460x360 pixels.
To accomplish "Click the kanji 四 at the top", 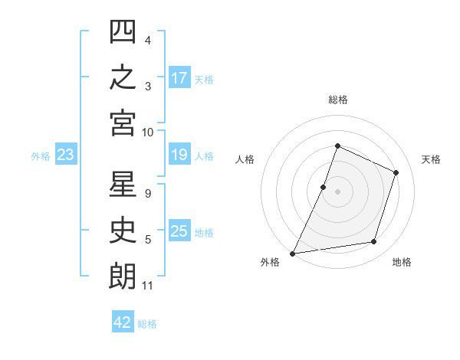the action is pos(123,31).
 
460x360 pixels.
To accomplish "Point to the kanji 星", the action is pos(123,184).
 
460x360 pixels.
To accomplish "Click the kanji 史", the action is pos(123,230).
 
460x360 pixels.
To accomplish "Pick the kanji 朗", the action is pos(123,276).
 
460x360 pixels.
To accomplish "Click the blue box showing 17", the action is pos(179,77).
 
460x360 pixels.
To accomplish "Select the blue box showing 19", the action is pos(179,154).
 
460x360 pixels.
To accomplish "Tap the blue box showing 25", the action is pos(179,230).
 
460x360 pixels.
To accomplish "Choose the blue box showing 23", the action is pos(66,154).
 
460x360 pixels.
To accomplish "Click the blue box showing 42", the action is pos(123,321).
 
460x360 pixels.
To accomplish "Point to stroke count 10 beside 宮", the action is pos(147,133).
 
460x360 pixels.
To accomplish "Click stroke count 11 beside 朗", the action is pos(147,286).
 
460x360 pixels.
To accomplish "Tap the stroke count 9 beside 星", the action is pos(148,194).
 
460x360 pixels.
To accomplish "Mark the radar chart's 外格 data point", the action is pos(292,254).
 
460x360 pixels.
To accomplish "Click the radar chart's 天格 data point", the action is pos(396,172).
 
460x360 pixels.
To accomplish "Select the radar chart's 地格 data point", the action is pos(374,241).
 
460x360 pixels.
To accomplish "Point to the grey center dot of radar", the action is pos(337,191).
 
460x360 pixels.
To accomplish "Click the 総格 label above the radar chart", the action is pos(338,100).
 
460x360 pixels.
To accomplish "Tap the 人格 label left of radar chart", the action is pos(245,159).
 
